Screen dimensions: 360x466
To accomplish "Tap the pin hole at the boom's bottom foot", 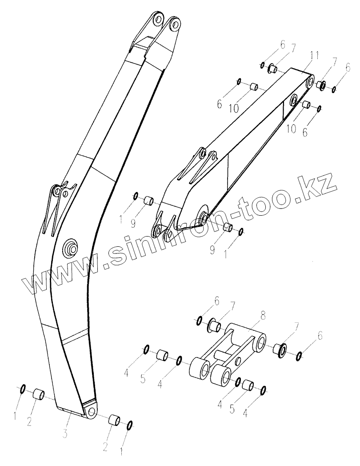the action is coord(91,412).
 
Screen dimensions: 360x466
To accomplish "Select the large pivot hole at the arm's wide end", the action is coord(204,216).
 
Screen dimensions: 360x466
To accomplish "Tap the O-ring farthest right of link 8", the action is coord(300,355).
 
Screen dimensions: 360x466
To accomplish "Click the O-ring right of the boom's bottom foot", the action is coord(130,425).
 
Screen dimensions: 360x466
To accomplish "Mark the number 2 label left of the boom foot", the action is coord(29,422).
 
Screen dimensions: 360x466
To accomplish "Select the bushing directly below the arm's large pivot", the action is coord(228,228).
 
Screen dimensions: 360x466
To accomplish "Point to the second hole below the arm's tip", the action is coord(294,101).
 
